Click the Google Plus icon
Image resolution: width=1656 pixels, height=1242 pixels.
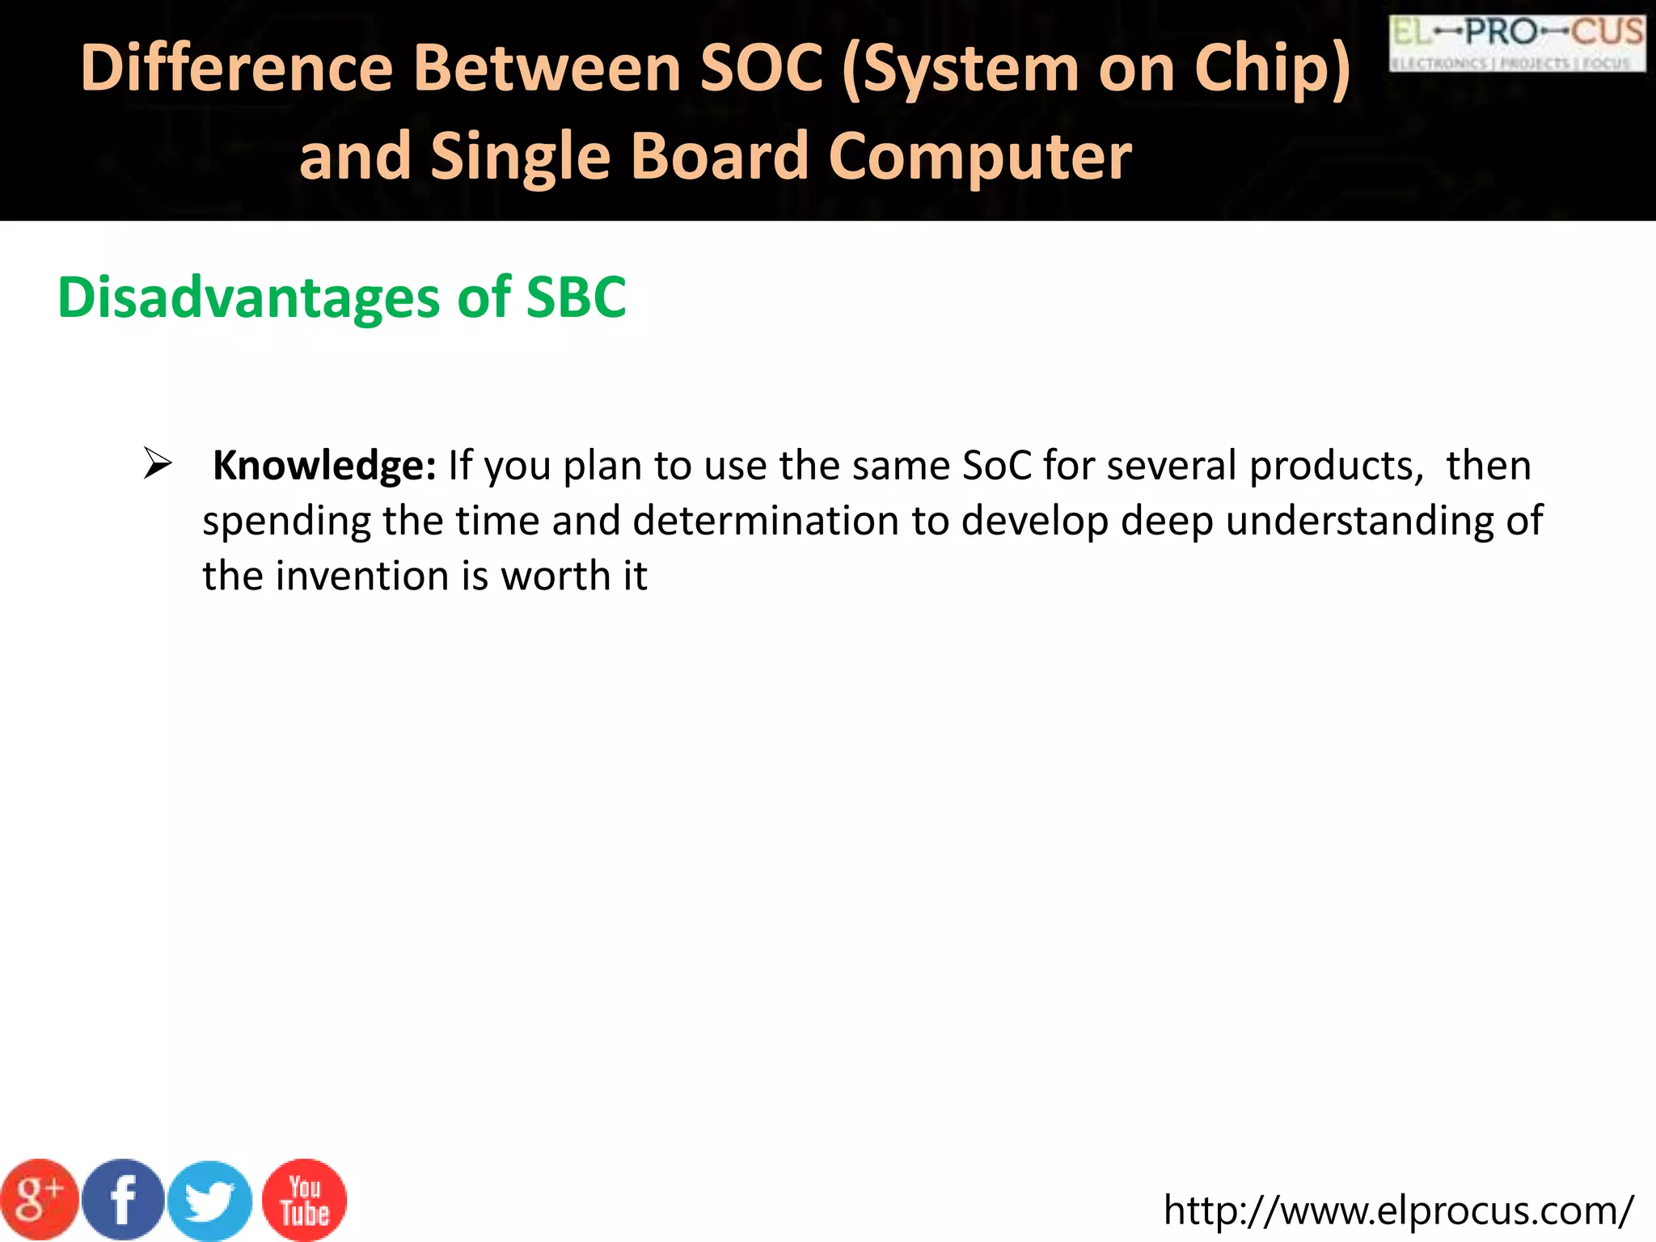(39, 1200)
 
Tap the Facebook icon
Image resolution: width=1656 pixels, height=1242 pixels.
(124, 1200)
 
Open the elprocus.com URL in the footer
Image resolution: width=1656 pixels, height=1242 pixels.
(1398, 1210)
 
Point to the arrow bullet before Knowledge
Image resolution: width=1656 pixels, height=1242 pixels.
(157, 464)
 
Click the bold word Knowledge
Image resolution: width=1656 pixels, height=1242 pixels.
(323, 466)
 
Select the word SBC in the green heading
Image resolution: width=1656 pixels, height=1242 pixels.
(576, 298)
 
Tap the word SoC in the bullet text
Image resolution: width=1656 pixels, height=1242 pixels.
(997, 466)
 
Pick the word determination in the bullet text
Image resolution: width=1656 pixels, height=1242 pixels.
(766, 521)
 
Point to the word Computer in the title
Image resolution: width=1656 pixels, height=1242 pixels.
(979, 157)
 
